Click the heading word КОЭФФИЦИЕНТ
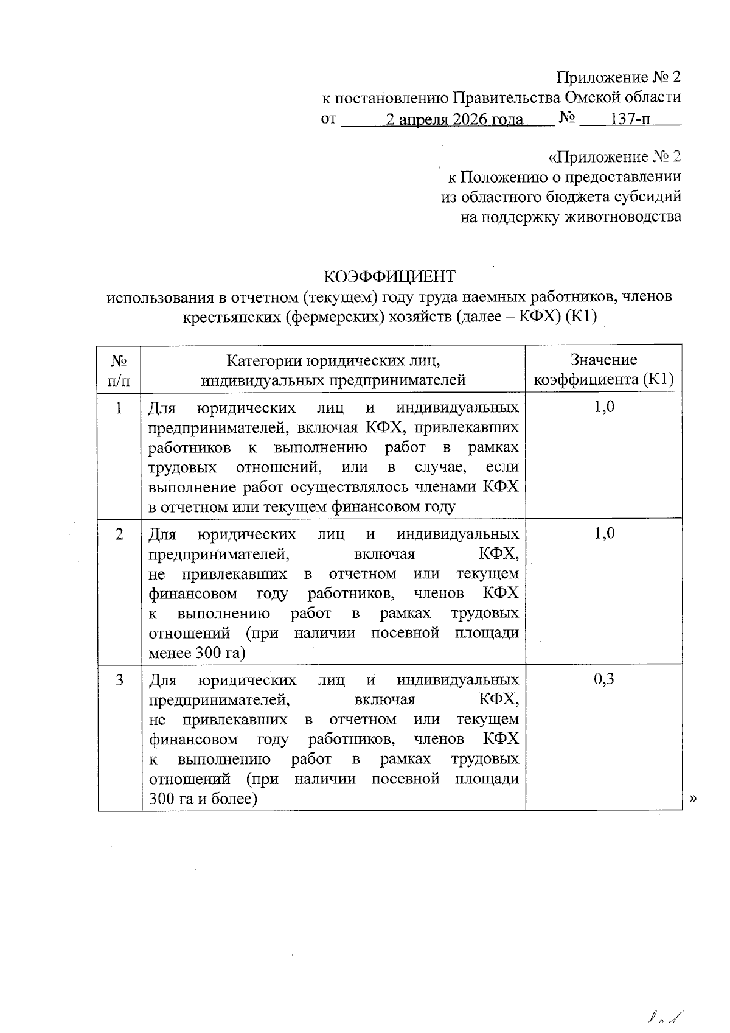click(389, 277)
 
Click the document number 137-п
click(630, 119)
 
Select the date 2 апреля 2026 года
click(454, 119)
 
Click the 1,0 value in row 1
click(603, 407)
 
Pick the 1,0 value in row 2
click(603, 534)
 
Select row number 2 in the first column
click(120, 534)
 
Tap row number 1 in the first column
click(120, 407)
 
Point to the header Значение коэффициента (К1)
click(603, 370)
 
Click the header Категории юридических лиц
click(333, 360)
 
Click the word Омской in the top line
click(593, 97)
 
